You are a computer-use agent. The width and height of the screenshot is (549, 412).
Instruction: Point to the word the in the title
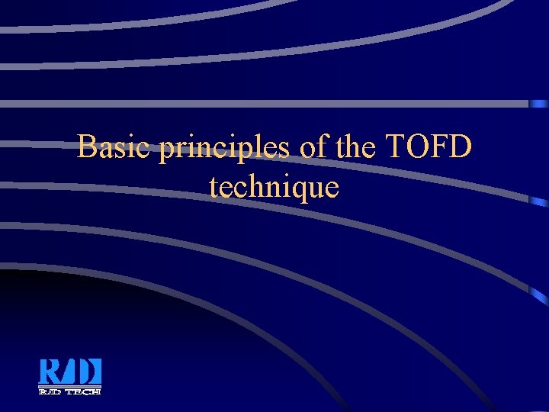[x=355, y=146]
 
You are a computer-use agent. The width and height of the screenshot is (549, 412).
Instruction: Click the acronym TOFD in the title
[x=429, y=146]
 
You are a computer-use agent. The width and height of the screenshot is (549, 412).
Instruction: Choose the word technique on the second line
[x=274, y=188]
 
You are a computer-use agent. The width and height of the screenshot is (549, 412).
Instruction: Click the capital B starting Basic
[x=88, y=146]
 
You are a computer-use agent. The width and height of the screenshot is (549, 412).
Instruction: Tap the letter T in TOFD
[x=397, y=146]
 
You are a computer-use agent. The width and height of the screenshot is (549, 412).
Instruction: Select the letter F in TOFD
[x=440, y=146]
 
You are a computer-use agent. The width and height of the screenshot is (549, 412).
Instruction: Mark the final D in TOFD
[x=461, y=146]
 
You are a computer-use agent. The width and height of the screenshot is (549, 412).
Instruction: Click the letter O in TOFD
[x=419, y=146]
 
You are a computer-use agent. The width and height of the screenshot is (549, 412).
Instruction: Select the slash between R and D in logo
[x=69, y=372]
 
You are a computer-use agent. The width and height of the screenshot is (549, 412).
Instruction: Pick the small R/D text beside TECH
[x=50, y=391]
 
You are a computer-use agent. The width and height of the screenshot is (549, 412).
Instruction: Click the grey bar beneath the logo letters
[x=69, y=387]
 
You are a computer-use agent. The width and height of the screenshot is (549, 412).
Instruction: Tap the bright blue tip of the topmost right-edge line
[x=540, y=103]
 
